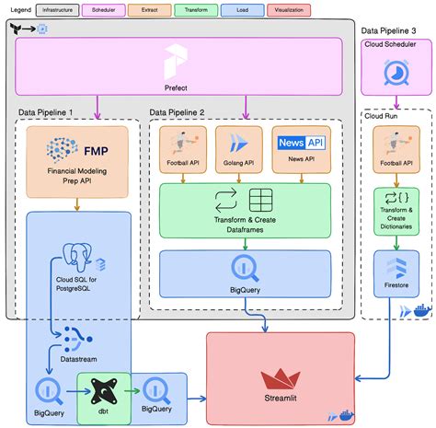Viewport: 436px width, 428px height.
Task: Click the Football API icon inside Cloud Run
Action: (x=396, y=145)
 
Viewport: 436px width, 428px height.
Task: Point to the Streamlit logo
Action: (x=280, y=378)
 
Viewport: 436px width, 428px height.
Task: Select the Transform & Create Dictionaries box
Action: (x=396, y=209)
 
